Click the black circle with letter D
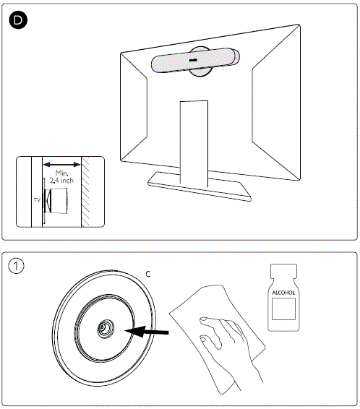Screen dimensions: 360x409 coord(18,20)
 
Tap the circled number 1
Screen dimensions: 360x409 coord(16,266)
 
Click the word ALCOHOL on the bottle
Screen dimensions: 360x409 coord(283,293)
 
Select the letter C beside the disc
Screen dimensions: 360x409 coord(148,274)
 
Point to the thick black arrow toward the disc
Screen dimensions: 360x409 coord(147,331)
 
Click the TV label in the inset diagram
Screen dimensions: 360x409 coord(37,200)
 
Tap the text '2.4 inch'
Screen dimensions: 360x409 coord(61,181)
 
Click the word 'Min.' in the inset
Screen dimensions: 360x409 coord(62,173)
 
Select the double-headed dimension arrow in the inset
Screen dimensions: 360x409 coord(62,165)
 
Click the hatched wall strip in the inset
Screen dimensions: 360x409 coord(85,191)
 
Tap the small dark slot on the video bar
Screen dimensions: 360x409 coord(193,60)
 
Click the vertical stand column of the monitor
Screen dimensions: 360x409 coord(194,144)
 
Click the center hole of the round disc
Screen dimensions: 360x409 coord(106,329)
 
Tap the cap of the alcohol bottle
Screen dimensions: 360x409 coord(283,271)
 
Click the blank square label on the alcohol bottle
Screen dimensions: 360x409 coord(283,309)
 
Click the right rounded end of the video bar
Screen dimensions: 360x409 coord(236,57)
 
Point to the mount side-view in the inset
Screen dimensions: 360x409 coord(56,201)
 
